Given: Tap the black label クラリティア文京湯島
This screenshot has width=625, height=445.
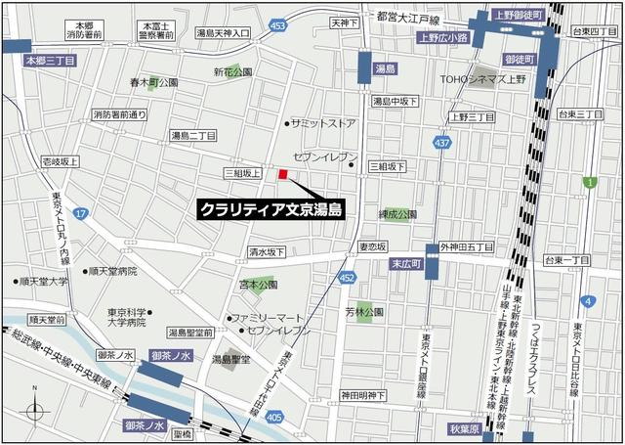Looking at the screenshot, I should pos(270,208).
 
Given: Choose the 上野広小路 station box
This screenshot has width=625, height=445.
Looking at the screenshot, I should pos(442,38).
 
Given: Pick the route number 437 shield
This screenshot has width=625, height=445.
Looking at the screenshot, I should pos(443,144).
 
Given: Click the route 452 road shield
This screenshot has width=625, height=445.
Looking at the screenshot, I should pos(348,279).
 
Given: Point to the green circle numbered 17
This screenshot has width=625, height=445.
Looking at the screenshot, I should pos(80,213).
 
